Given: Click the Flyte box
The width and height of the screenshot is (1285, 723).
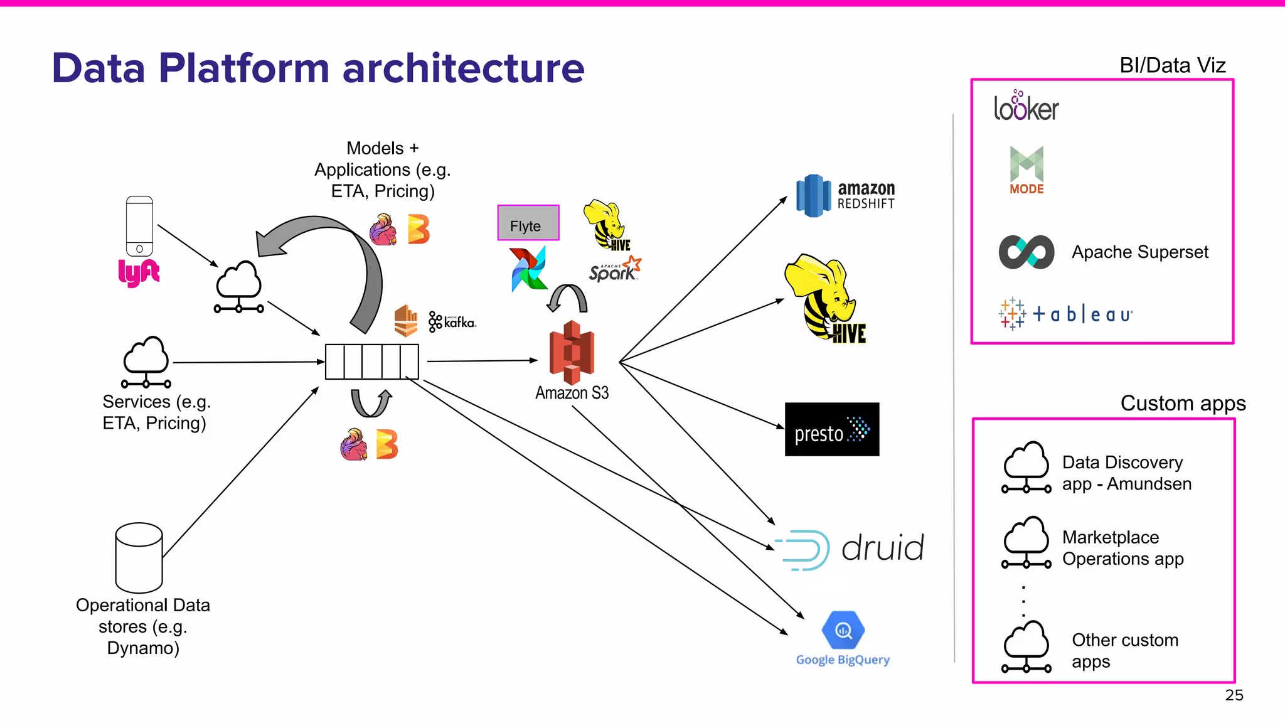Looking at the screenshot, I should click(528, 223).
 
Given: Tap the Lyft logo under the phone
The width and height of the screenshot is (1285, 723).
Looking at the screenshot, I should click(139, 272).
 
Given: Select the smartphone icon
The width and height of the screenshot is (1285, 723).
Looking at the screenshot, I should click(139, 226).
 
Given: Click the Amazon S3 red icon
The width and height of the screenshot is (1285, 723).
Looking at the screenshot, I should click(572, 352).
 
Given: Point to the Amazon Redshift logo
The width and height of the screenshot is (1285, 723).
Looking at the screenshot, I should click(845, 196).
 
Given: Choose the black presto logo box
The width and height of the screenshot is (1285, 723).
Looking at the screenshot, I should click(831, 429).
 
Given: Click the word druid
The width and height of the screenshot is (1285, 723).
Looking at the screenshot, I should click(882, 548).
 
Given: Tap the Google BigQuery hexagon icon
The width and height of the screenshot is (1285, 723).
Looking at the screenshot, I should click(843, 629).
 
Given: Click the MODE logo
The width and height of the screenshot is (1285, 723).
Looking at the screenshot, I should click(1026, 170).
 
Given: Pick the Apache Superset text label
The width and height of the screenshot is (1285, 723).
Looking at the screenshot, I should click(1139, 252).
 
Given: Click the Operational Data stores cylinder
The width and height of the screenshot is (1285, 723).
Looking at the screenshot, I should click(139, 557).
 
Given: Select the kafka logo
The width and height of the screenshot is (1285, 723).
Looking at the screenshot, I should click(452, 322).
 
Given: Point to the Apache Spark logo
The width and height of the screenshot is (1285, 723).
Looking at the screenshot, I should click(614, 269).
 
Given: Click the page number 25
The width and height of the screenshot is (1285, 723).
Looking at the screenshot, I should click(1234, 695).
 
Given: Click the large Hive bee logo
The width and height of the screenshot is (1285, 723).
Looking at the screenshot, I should click(825, 299).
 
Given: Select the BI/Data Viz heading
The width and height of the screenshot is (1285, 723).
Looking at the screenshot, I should click(1172, 65).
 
